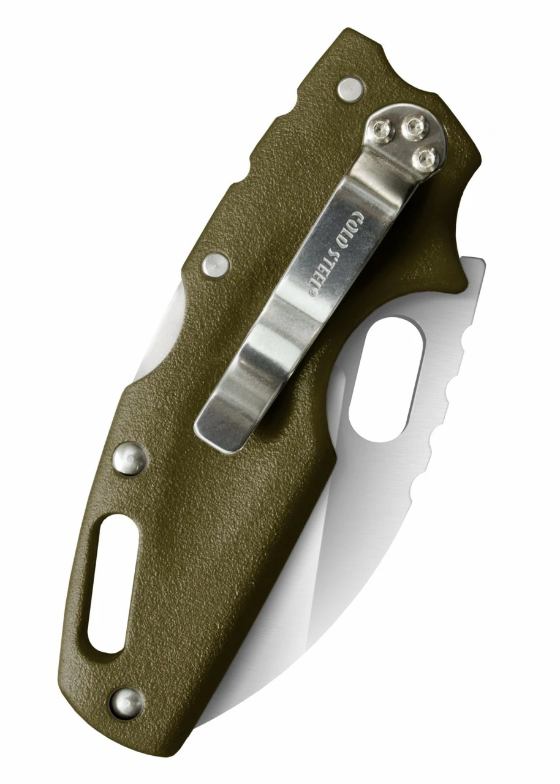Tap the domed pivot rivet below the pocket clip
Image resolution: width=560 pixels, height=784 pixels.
131,458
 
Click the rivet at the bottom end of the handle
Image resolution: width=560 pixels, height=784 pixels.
126,703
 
